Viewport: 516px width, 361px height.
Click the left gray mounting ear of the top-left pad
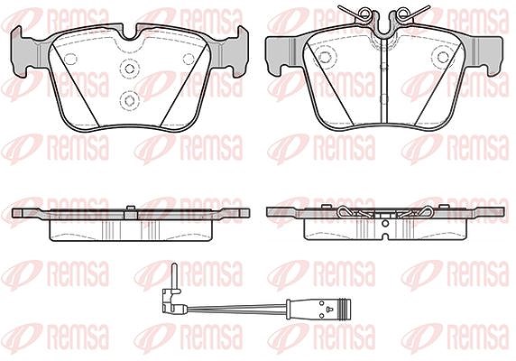tap(24, 52)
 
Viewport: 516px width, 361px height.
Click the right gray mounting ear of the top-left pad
tap(234, 52)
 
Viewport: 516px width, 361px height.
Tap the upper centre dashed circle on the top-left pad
tap(129, 69)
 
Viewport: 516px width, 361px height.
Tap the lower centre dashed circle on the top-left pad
tap(129, 100)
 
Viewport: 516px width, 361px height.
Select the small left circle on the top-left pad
tap(70, 59)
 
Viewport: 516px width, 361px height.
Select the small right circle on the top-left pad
tap(189, 59)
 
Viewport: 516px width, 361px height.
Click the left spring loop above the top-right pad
tap(365, 14)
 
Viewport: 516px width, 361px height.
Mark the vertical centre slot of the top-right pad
tap(383, 79)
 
